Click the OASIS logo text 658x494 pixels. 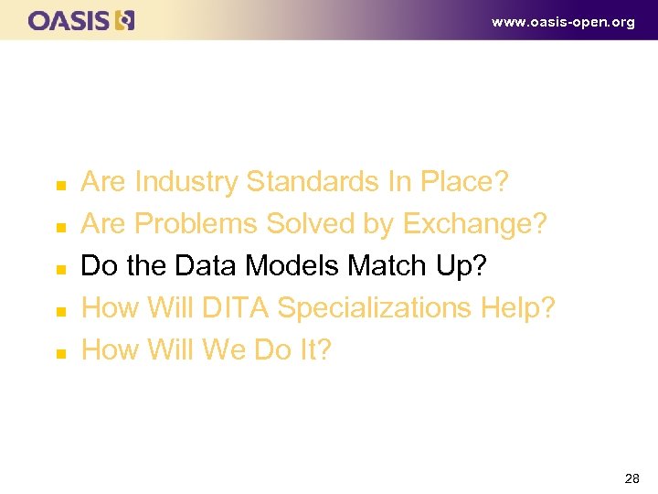[69, 20]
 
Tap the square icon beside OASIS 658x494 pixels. [125, 20]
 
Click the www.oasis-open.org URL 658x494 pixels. [562, 22]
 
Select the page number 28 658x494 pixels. [631, 478]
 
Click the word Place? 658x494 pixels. [463, 182]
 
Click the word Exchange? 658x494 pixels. [474, 224]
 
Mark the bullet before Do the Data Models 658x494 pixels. [58, 269]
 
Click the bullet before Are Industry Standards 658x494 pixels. [58, 185]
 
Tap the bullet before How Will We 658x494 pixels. [58, 353]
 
